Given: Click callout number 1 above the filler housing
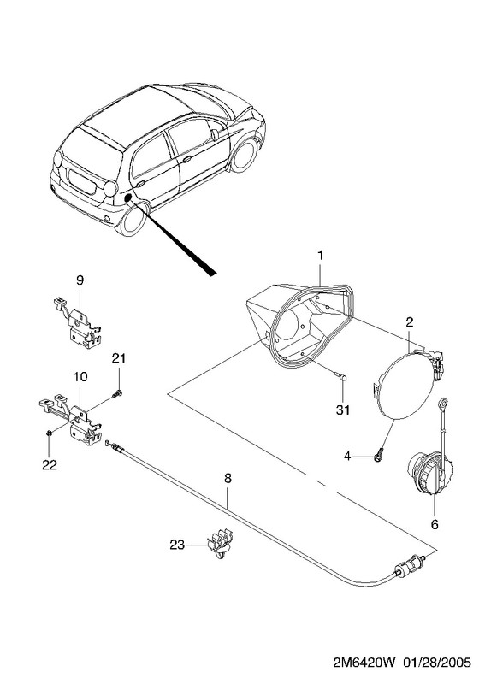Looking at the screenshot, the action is tap(321, 255).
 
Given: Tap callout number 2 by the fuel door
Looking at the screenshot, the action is tap(409, 322).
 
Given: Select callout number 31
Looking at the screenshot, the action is tap(343, 410).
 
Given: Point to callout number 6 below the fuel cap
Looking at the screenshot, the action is tap(435, 524).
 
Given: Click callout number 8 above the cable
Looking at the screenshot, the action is tap(228, 478).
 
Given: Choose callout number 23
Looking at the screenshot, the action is tap(177, 545).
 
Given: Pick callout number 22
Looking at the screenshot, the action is tap(50, 465).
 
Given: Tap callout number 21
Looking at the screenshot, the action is tap(118, 358).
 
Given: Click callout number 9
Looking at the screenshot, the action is tap(80, 280).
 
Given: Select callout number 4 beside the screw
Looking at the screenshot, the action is tap(347, 457).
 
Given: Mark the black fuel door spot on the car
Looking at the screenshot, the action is tap(129, 198).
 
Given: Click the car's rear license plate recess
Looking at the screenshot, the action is tap(81, 180).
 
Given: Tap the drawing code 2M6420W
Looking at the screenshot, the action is tap(364, 663).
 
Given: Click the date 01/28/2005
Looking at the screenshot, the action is tap(436, 663).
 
